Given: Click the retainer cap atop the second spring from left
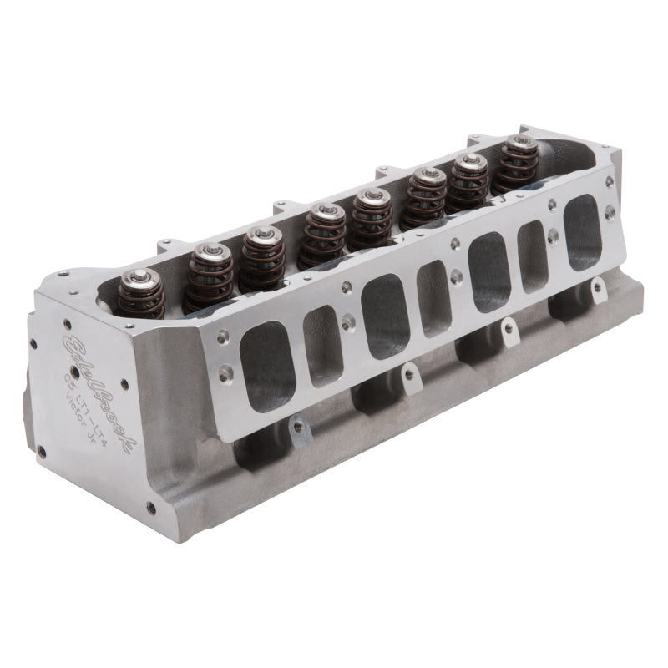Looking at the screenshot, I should (210, 250).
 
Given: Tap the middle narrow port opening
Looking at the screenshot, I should (433, 298).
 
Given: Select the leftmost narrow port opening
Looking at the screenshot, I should (323, 346).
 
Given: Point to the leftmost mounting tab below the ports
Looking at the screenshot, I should (296, 428).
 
